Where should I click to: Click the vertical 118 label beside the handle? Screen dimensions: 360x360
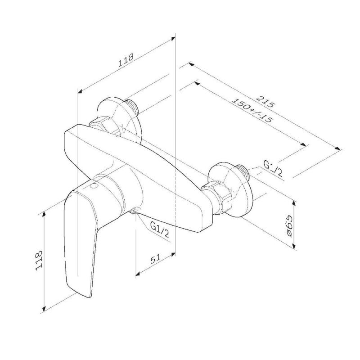[x=38, y=260]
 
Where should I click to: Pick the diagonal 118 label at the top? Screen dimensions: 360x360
[x=126, y=60]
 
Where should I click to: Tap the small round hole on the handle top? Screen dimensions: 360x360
[x=94, y=186]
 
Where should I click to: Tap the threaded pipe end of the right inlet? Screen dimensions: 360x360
[x=243, y=170]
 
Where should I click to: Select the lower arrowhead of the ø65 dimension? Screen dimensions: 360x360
[x=294, y=245]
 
